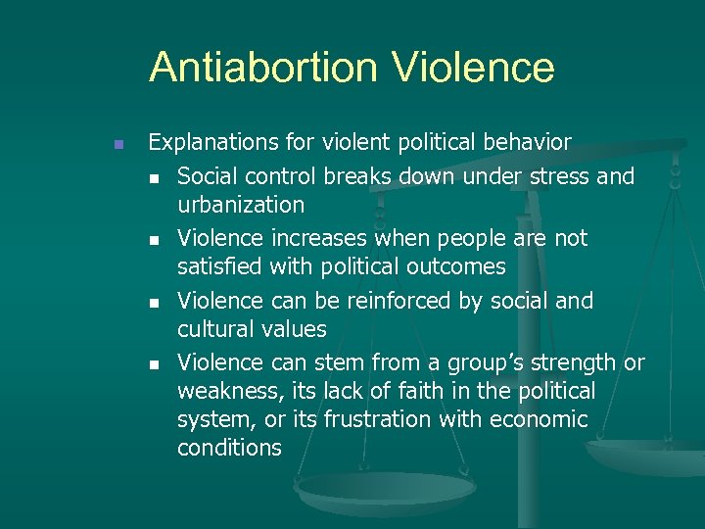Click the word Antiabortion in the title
point(262,68)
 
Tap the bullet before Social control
point(155,177)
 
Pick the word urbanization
point(241,205)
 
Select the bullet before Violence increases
point(155,239)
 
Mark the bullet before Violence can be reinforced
point(155,302)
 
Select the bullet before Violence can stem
point(155,364)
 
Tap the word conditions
point(229,448)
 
